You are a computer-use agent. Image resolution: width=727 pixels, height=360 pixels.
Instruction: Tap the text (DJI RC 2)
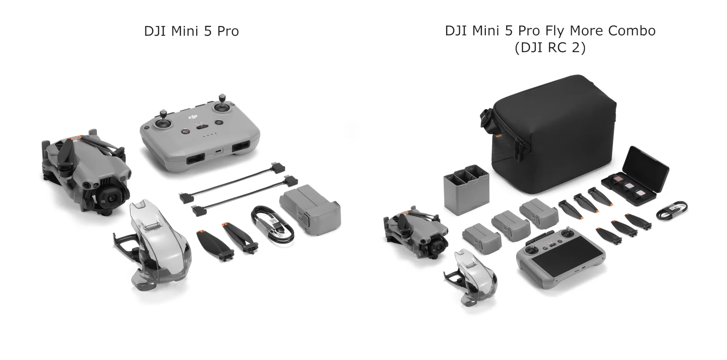pos(550,47)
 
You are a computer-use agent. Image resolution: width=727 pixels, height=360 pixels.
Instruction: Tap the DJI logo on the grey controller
pos(194,117)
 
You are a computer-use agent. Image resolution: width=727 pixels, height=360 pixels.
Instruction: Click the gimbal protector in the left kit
pos(154,243)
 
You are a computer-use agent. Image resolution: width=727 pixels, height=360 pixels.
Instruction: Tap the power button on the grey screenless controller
pos(219,122)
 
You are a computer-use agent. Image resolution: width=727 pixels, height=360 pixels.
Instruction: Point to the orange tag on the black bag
pos(498,135)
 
